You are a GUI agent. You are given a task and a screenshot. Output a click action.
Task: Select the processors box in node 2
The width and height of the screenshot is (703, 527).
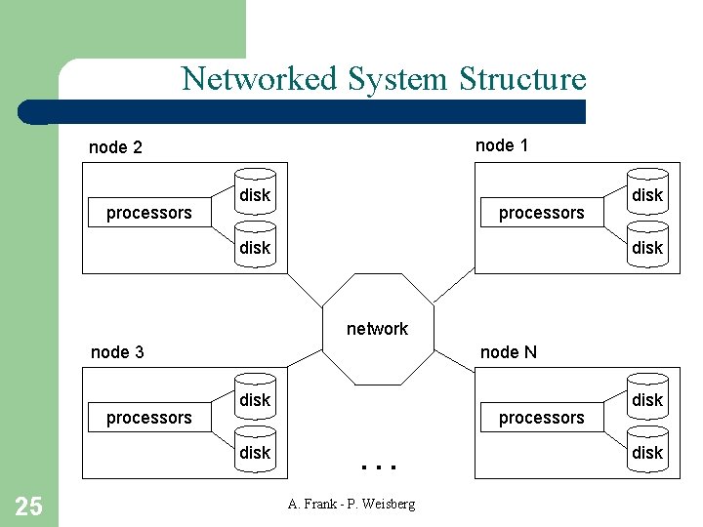(x=148, y=213)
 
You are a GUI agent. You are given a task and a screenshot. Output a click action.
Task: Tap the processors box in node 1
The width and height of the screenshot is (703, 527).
(x=541, y=213)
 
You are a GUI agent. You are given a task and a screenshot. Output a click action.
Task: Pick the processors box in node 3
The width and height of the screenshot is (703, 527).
(x=148, y=418)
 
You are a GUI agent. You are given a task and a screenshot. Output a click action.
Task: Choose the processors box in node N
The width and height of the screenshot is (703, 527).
(x=541, y=418)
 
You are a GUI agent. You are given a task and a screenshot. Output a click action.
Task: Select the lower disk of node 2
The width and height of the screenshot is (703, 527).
(x=255, y=246)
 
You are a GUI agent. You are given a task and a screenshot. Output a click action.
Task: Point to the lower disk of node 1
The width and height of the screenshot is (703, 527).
(x=646, y=246)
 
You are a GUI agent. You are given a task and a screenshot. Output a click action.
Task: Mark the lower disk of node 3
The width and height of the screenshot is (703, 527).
(x=255, y=451)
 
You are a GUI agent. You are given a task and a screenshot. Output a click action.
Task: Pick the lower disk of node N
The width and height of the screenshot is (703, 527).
(x=646, y=451)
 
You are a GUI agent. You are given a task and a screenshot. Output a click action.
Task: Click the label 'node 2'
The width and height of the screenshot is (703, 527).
(x=115, y=147)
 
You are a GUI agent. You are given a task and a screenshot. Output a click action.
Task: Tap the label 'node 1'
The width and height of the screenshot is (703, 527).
(x=502, y=145)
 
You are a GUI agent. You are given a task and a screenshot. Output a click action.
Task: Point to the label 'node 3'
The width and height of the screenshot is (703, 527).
(x=117, y=352)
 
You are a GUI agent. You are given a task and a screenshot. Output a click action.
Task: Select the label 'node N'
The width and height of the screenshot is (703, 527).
(x=508, y=352)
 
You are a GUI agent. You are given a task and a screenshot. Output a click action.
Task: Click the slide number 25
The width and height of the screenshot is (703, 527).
(x=29, y=505)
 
